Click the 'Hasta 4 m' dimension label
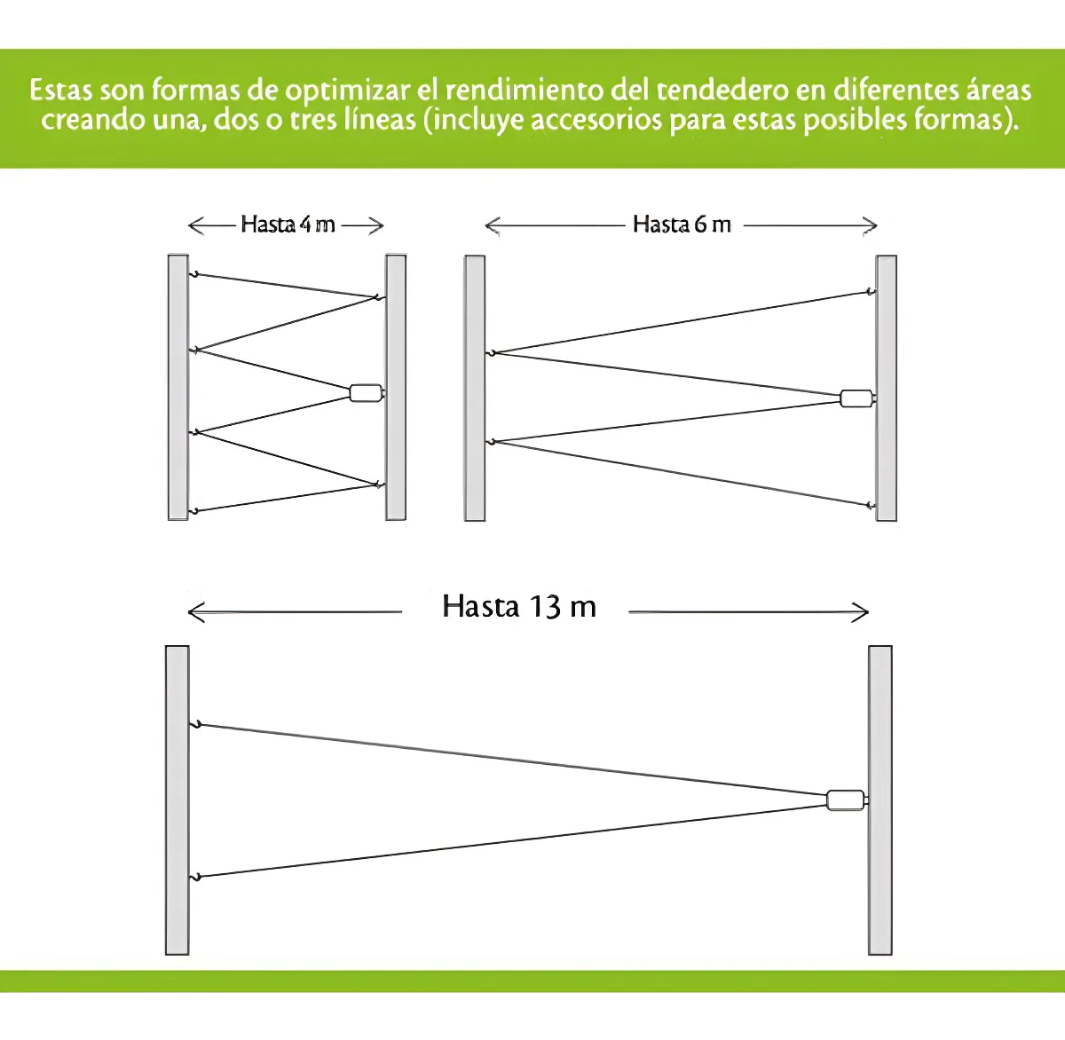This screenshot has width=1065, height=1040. point(288,225)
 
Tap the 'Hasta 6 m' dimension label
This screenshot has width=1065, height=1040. point(682,225)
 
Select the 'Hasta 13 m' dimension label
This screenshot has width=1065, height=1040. point(519,606)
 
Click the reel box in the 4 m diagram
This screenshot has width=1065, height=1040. point(367,393)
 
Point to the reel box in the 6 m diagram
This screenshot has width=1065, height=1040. point(856,398)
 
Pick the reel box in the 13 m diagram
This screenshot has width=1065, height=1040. point(846,800)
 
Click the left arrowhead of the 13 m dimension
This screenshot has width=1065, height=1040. point(196,611)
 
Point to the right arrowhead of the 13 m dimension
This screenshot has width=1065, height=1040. point(860,612)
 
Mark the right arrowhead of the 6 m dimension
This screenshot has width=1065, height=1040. point(870,225)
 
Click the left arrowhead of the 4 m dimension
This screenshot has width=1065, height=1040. point(196,225)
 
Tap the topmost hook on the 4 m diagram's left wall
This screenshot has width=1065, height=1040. point(193,274)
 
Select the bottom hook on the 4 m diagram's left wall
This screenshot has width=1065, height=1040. point(193,512)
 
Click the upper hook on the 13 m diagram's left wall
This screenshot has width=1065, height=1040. point(195,725)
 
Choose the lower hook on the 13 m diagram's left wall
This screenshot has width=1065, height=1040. point(195,877)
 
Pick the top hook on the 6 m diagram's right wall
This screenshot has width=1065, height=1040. point(870,292)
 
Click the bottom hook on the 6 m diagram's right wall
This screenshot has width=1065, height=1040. point(870,506)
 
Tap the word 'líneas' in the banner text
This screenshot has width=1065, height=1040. point(380,120)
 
